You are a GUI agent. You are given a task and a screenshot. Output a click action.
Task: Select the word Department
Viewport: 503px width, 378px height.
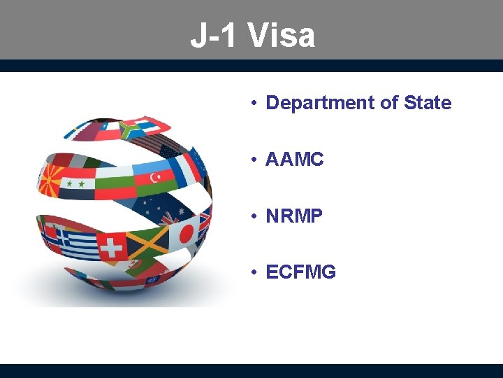[321, 103]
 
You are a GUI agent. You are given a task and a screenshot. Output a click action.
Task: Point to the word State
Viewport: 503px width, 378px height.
[428, 103]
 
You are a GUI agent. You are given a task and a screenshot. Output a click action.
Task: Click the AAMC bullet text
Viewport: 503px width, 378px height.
[295, 160]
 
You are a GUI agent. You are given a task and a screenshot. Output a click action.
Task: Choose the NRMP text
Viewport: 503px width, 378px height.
[295, 216]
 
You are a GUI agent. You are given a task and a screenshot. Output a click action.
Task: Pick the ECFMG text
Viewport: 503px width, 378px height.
[301, 272]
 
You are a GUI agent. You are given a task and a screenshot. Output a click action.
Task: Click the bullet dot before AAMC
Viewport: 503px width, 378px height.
[256, 160]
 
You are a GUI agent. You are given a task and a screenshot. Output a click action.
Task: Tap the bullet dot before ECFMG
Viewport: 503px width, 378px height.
[256, 272]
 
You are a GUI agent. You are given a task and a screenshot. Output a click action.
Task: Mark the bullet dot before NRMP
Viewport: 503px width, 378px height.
[256, 216]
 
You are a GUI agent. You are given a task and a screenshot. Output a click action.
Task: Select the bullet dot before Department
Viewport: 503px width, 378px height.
[256, 103]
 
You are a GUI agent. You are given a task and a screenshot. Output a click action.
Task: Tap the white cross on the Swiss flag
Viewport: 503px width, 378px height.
[110, 247]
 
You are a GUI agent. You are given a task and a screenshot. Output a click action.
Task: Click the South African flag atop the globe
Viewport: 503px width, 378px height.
[131, 129]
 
